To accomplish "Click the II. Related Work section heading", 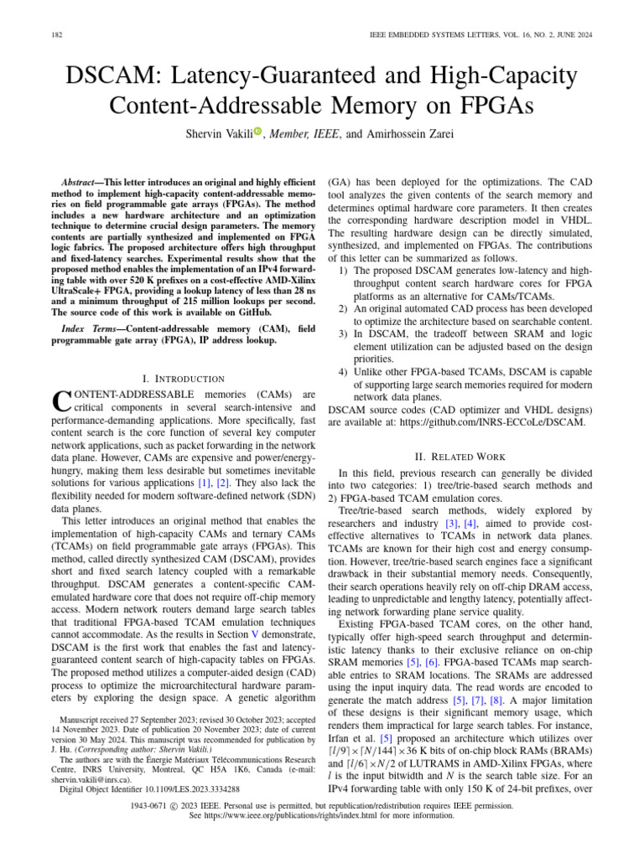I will (461, 457).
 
